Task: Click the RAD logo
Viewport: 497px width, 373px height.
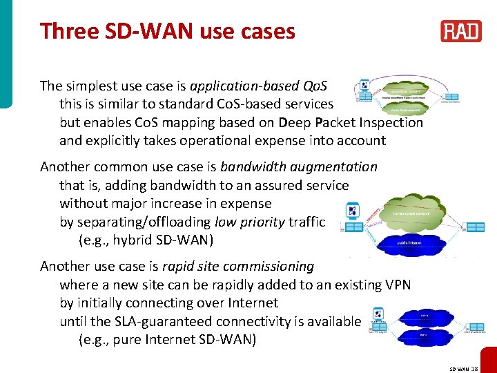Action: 461,31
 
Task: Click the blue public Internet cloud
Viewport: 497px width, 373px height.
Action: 409,243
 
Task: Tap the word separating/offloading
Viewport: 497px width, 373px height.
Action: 144,222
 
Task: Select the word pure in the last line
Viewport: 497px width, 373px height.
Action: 131,339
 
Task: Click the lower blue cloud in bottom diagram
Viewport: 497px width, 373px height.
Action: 423,334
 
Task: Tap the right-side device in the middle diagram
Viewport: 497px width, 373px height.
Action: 474,227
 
